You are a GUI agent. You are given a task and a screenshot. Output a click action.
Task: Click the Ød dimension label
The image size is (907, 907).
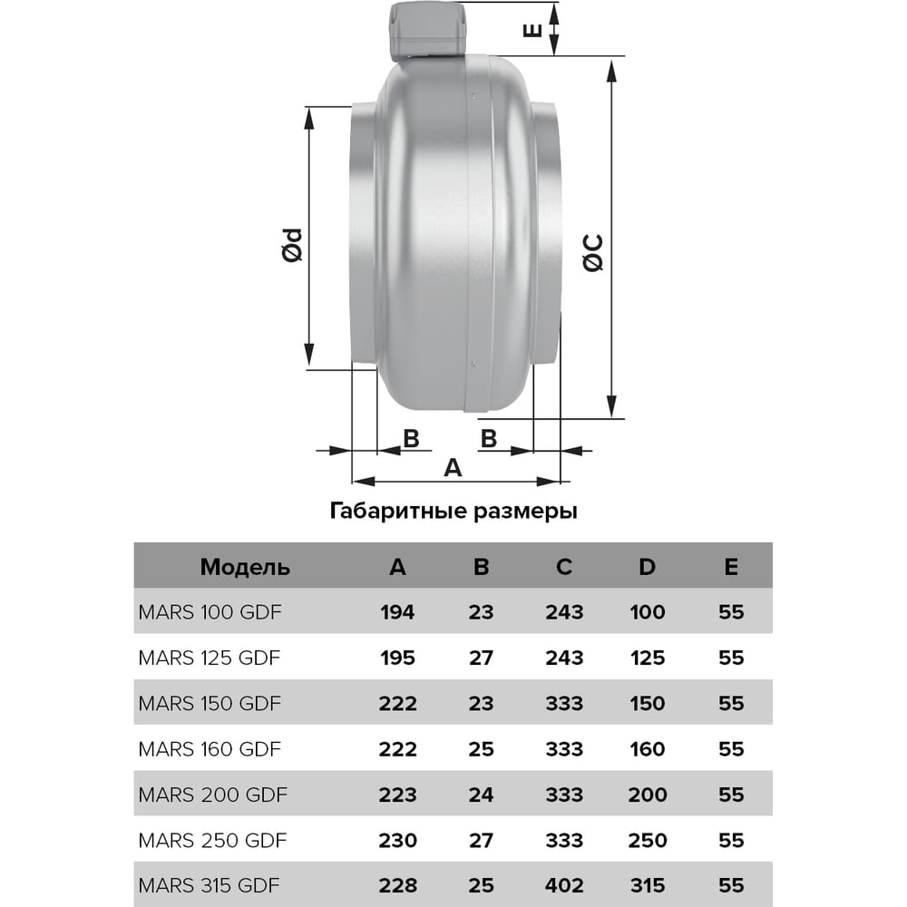[293, 245]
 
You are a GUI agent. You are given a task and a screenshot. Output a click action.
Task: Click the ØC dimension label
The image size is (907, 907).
[593, 253]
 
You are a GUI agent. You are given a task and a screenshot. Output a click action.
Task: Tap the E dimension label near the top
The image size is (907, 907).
[532, 30]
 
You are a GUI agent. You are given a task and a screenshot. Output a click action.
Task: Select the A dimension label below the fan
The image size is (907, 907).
[453, 467]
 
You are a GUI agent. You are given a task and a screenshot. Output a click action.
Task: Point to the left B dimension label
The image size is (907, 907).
[411, 439]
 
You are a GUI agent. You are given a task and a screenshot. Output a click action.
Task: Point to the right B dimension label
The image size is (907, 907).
[489, 439]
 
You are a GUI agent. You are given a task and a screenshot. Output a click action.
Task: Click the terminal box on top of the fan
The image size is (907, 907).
[427, 31]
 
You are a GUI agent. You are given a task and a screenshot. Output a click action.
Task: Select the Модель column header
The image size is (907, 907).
[245, 568]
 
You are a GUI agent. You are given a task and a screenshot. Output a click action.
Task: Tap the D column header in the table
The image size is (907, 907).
[648, 567]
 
